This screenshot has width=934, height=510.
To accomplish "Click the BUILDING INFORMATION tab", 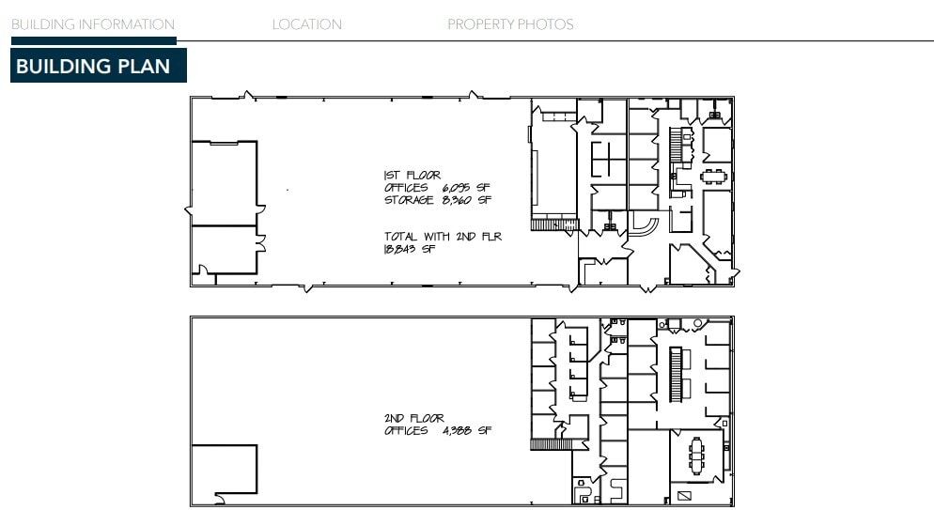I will pos(92,24).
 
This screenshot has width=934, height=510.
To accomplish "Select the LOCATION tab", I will pos(306,24).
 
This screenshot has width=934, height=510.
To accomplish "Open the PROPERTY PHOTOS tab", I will pos(509,24).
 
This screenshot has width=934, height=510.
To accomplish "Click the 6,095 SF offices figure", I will pos(466,188).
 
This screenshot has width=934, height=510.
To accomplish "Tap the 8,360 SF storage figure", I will pos(467,200).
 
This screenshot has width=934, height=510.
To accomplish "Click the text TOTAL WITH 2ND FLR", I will pos(442,237).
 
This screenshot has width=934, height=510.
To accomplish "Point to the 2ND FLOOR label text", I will pos(413,418).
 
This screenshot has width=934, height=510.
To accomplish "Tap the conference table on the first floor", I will pos(714,176).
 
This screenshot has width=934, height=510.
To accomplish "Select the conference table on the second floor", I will pos(696,456).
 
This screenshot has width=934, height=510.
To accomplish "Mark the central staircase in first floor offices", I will pos(675,148).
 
